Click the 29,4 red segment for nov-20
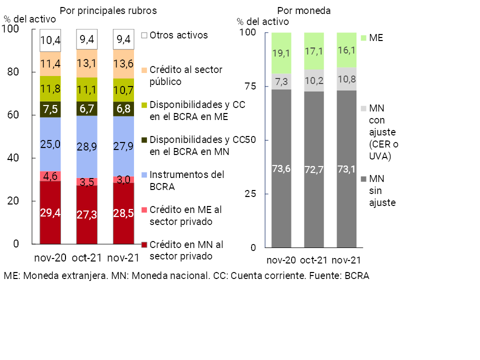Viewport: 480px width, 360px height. (x=50, y=212)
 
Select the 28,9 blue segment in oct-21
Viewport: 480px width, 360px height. (x=87, y=146)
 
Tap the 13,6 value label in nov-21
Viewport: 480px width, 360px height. (x=123, y=63)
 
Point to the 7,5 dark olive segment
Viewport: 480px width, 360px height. (x=50, y=109)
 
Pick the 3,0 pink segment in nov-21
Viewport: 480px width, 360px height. (x=123, y=179)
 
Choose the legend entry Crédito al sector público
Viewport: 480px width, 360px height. (x=185, y=75)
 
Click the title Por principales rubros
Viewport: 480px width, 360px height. (x=108, y=10)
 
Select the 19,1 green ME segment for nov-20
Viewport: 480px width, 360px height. (x=281, y=53)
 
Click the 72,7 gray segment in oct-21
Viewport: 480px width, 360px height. (x=314, y=169)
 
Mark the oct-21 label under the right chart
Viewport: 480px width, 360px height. (x=314, y=260)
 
